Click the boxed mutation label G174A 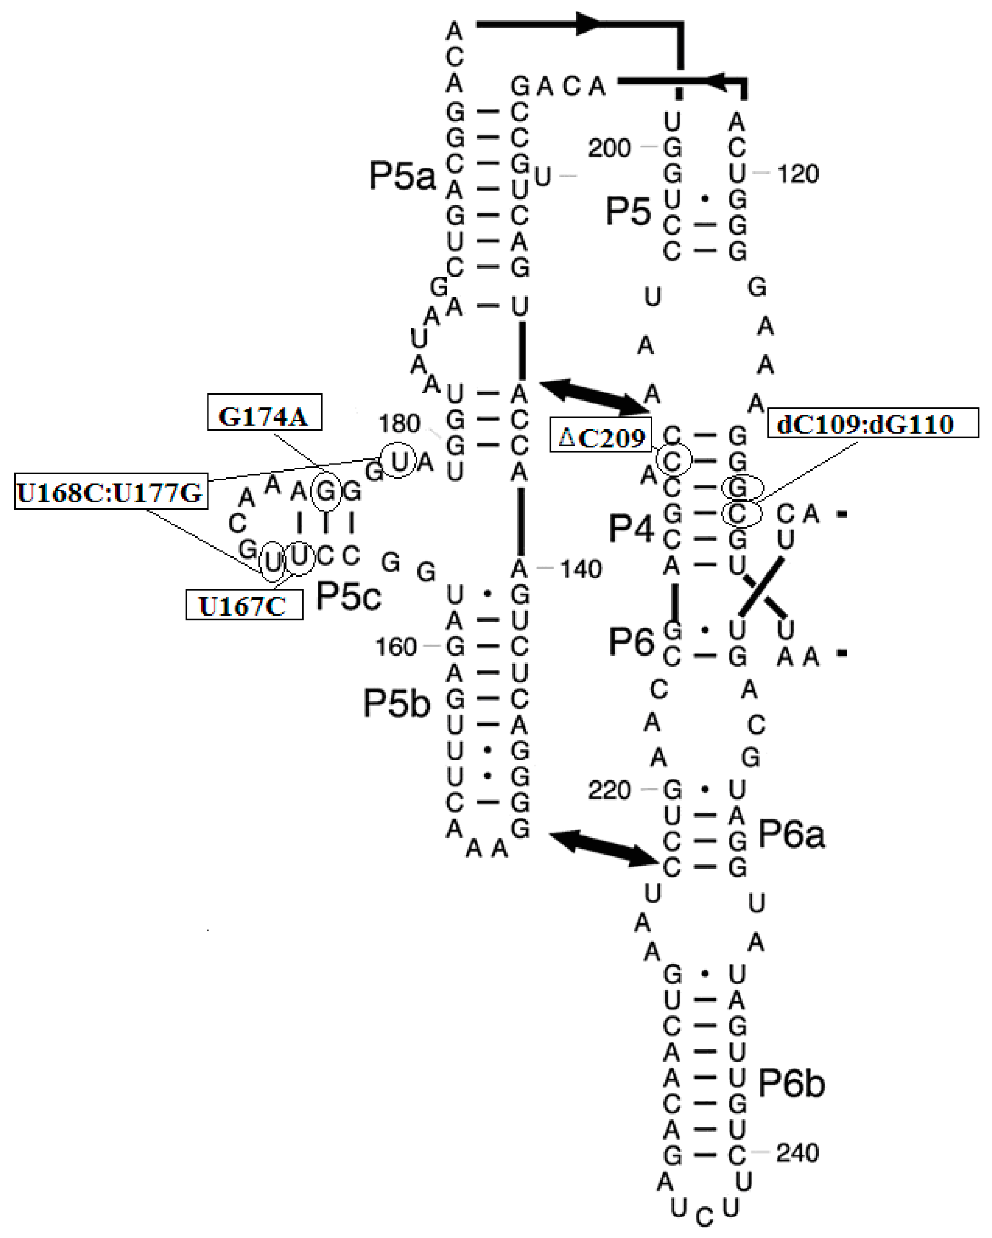click(x=264, y=412)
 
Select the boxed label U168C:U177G click(x=111, y=491)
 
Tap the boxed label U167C click(x=244, y=605)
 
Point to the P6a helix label click(x=791, y=834)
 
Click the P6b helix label click(x=791, y=1083)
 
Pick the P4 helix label click(x=630, y=528)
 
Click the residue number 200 click(x=609, y=148)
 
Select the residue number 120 click(x=798, y=174)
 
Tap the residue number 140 click(x=581, y=569)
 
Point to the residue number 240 click(x=797, y=1153)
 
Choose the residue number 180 click(x=399, y=423)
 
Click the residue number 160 click(x=396, y=647)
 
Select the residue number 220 click(x=609, y=790)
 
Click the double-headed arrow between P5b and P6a click(x=603, y=849)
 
